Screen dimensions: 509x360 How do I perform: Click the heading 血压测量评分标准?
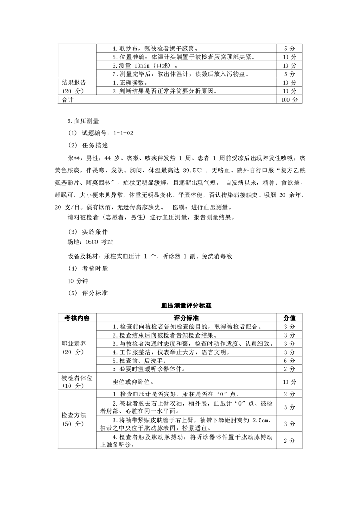click(x=180, y=306)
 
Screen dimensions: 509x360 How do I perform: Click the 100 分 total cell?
click(x=289, y=100)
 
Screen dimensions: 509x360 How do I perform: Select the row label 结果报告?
click(x=74, y=83)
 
